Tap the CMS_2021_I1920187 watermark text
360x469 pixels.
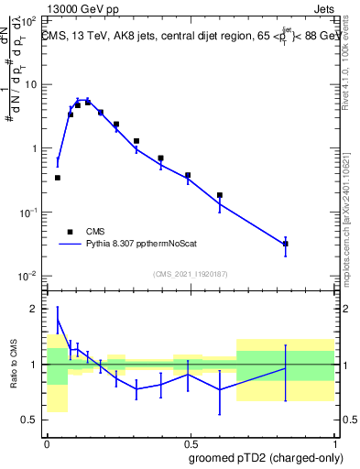click(x=190, y=274)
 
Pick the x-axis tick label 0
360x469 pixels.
click(x=47, y=442)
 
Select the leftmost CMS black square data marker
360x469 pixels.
click(x=58, y=178)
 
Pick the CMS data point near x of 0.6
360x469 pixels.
click(x=220, y=195)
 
